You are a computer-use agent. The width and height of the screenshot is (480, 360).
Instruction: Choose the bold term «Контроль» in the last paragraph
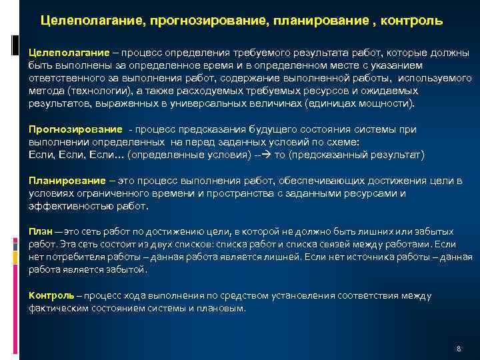pos(51,295)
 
